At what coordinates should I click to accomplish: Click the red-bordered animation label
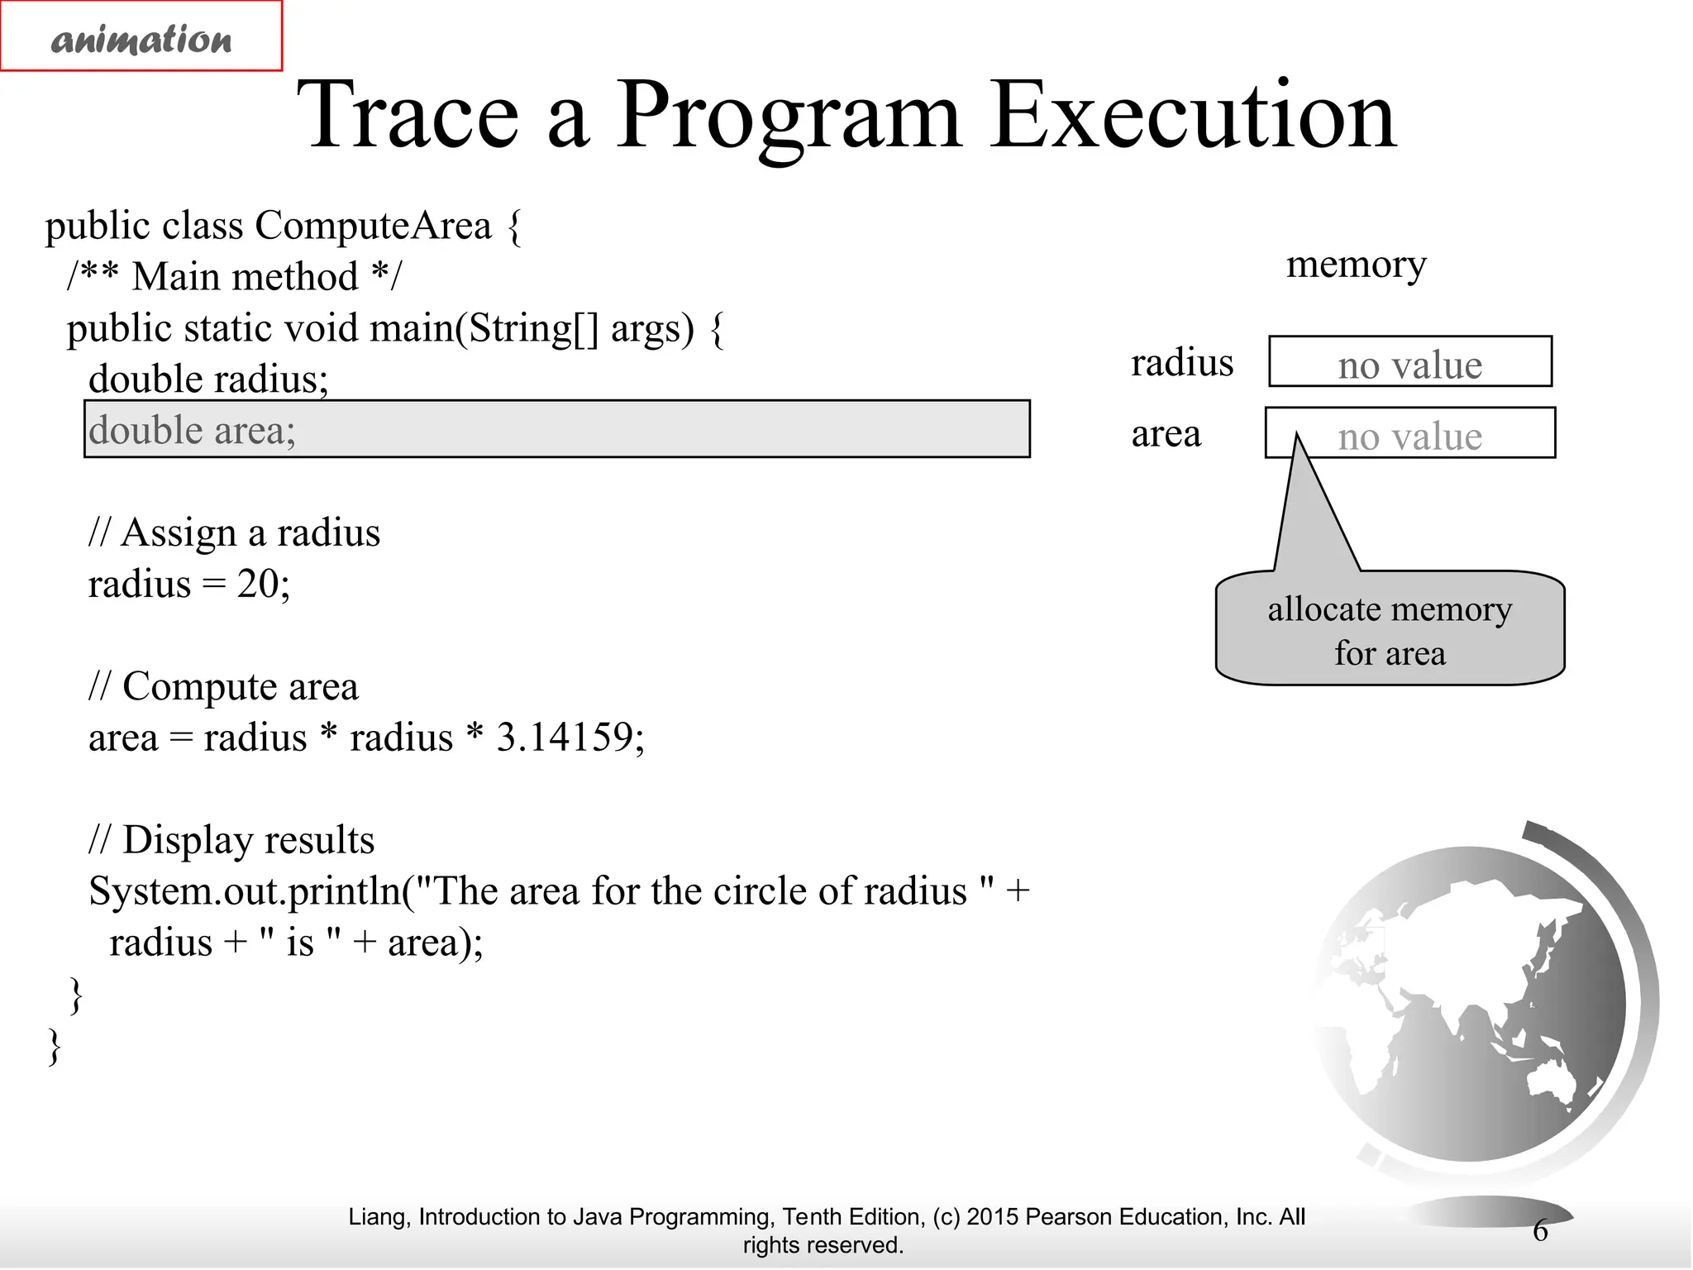141,36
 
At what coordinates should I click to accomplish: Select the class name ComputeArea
373,226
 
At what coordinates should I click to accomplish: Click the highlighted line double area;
556,429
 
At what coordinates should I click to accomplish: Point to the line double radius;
208,380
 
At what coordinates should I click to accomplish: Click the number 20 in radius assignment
258,584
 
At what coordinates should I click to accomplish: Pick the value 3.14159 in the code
564,737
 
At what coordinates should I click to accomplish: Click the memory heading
1356,265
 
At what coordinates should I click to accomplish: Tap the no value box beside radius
1410,362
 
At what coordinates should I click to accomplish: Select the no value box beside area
1410,433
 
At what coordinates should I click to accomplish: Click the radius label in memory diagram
1182,362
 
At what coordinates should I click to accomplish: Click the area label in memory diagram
1166,433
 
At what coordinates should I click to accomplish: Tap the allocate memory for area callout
1390,630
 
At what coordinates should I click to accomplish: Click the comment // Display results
231,839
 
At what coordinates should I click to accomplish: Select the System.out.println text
244,891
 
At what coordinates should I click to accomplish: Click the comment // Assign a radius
234,532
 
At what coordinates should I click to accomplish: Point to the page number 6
1540,1230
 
